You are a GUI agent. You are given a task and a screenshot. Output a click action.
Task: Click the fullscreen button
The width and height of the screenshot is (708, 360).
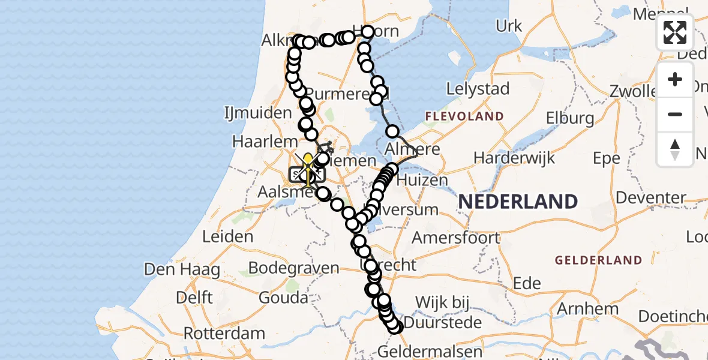pyautogui.click(x=675, y=32)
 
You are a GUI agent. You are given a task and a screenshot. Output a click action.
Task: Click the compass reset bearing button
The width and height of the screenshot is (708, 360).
pyautogui.click(x=675, y=148)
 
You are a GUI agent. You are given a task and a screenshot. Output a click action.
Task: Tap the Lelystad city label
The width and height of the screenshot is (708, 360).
pyautogui.click(x=478, y=89)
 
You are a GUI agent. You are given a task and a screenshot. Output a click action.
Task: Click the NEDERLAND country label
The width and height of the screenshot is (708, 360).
pyautogui.click(x=518, y=202)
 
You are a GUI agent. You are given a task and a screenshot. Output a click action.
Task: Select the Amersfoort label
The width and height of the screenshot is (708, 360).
pyautogui.click(x=455, y=237)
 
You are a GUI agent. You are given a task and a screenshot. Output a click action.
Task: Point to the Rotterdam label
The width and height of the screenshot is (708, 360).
pyautogui.click(x=224, y=333)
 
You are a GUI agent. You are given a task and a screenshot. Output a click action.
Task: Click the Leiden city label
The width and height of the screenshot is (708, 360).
pyautogui.click(x=227, y=236)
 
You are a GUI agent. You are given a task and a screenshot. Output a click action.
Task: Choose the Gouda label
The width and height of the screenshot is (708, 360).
pyautogui.click(x=283, y=298)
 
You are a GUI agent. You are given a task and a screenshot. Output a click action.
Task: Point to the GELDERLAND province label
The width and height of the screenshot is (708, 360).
pyautogui.click(x=598, y=260)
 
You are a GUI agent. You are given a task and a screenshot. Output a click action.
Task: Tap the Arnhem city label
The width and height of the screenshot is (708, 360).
pyautogui.click(x=588, y=309)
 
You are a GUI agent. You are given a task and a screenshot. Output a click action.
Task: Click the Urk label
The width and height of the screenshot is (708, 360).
pyautogui.click(x=509, y=26)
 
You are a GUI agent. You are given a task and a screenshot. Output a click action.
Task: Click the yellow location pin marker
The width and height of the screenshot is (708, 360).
pyautogui.click(x=308, y=161)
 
